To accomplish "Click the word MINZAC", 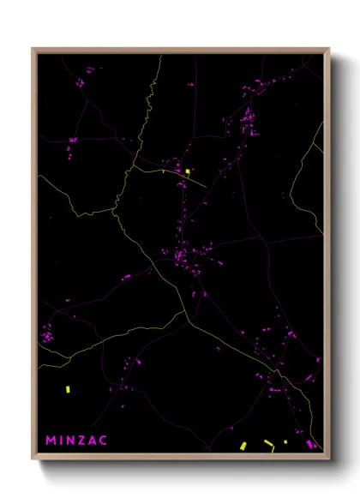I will (x=76, y=441).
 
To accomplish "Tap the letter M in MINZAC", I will (x=51, y=441).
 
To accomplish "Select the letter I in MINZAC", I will (x=63, y=441).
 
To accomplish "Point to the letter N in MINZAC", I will (x=72, y=441).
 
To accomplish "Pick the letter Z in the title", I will (x=83, y=441).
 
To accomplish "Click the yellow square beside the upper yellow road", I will (x=187, y=171).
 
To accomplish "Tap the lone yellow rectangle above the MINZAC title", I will (x=68, y=389).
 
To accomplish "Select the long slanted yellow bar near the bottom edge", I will (x=269, y=443).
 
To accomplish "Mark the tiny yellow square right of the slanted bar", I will (x=285, y=442).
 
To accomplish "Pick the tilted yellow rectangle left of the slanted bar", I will (x=243, y=445).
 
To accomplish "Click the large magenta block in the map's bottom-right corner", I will (x=310, y=444).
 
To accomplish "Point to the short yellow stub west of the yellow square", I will (x=163, y=171).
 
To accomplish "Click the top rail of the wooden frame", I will (x=180, y=50).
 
